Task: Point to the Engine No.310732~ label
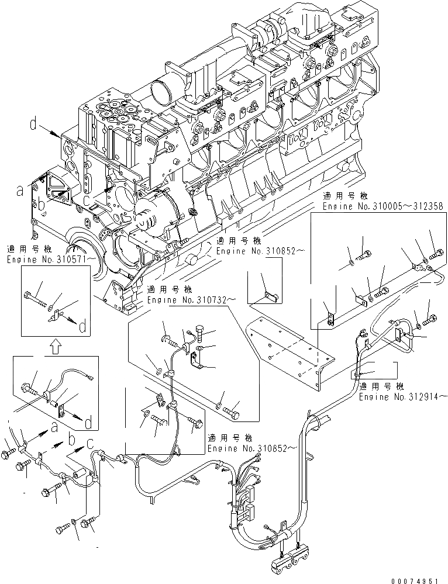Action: click(184, 299)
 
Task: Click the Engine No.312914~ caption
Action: click(403, 396)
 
